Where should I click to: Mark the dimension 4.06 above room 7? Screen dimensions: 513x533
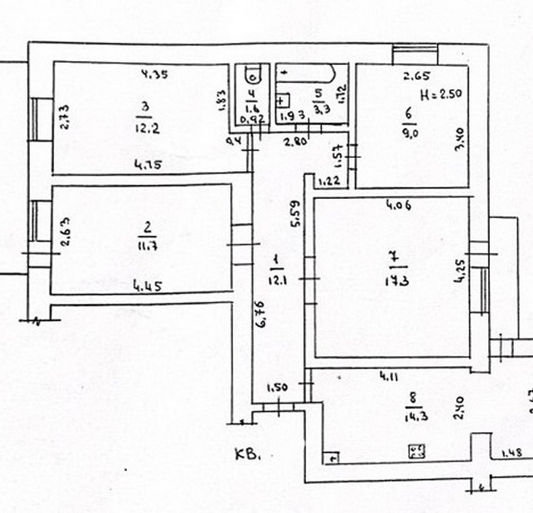(x=398, y=205)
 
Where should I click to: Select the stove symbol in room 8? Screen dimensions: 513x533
(x=416, y=451)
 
